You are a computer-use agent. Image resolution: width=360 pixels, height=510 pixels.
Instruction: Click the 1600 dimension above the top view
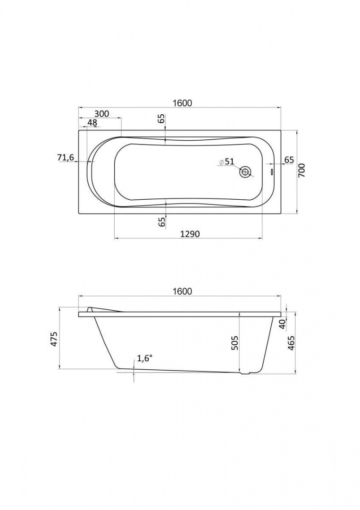point(182,103)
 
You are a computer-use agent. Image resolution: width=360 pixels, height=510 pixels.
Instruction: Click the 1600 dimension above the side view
point(182,291)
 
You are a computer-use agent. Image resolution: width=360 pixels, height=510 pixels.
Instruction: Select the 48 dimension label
point(92,123)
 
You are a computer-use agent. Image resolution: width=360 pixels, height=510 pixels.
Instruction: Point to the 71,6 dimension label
point(66,158)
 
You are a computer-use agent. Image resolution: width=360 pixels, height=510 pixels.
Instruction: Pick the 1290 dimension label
point(189,234)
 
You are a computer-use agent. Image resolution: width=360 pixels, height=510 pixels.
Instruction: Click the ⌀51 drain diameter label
point(226,161)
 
